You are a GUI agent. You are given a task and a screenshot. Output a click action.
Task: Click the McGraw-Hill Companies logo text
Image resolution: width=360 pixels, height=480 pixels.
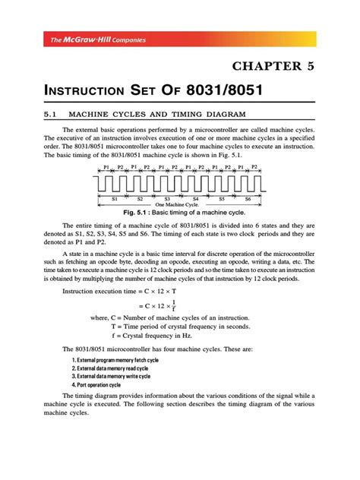pyautogui.click(x=89, y=39)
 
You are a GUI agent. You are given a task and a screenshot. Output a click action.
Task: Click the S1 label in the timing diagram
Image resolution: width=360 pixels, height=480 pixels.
pyautogui.click(x=114, y=197)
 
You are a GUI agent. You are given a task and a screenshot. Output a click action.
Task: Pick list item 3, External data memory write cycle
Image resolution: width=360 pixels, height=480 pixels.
pyautogui.click(x=111, y=376)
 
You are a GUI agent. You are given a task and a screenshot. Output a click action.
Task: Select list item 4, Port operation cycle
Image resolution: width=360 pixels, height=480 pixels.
pyautogui.click(x=95, y=384)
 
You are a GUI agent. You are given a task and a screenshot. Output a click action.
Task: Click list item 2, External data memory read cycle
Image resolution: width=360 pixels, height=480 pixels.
pyautogui.click(x=111, y=368)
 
